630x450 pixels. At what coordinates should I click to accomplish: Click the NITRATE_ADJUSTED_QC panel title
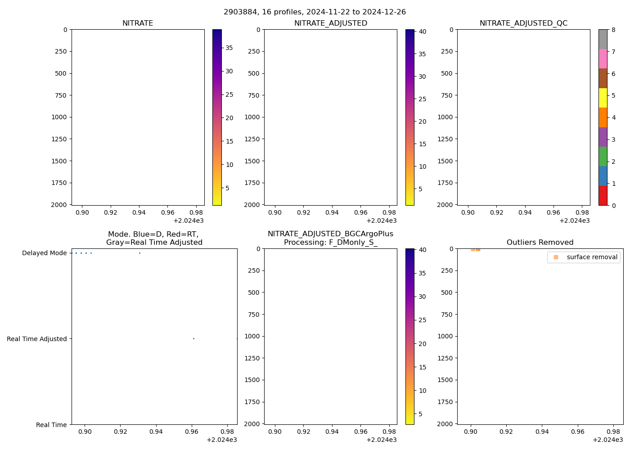coord(523,23)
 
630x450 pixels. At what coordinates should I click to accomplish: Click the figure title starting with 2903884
coord(315,12)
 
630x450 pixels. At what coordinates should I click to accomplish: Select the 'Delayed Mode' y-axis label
coord(44,253)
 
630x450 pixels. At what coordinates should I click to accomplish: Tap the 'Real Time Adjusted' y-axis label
coord(37,339)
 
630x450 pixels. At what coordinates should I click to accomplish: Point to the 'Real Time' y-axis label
coord(51,425)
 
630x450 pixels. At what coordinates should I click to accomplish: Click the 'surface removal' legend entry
coord(592,257)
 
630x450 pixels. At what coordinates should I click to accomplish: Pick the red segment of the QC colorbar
coord(603,196)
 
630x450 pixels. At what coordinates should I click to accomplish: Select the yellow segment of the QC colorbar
coord(603,98)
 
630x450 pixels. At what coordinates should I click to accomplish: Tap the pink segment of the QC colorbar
coord(603,58)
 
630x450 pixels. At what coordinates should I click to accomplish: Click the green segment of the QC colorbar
coord(603,156)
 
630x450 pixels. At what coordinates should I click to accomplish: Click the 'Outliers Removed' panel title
coord(540,243)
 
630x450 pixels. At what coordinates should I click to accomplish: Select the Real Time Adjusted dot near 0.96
coord(193,338)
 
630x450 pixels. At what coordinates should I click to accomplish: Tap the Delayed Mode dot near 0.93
coord(139,253)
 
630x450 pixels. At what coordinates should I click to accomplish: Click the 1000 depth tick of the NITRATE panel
coord(58,117)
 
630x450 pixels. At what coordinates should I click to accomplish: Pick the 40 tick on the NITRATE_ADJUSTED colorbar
coord(422,31)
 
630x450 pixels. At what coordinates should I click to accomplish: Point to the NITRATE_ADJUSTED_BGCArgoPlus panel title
coord(330,238)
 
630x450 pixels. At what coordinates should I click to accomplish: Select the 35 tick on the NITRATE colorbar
coord(229,48)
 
